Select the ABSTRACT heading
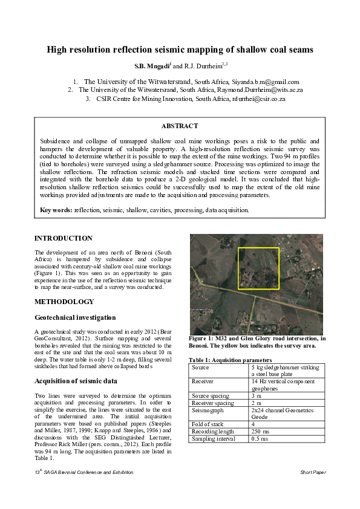pos(180,126)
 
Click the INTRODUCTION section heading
pos(64,238)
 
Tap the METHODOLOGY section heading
pos(64,302)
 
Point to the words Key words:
pos(56,210)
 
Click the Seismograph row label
pos(208,410)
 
